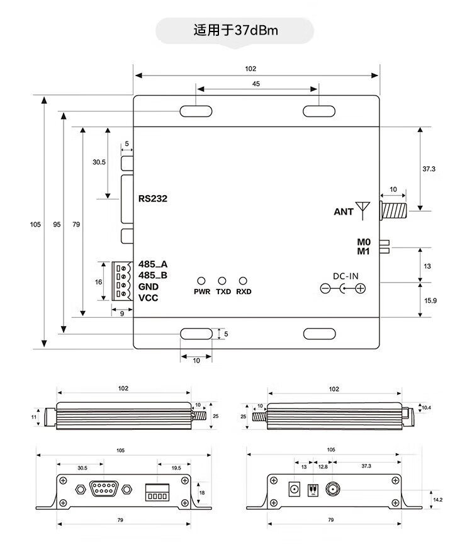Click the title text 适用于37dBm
[x=235, y=30]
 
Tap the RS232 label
[x=152, y=198]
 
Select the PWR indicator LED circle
[x=202, y=281]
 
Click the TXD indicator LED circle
[x=222, y=281]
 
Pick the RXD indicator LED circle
[x=243, y=281]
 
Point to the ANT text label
[x=344, y=212]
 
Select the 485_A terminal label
[x=152, y=264]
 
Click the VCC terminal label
[x=149, y=298]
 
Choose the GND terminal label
[x=149, y=286]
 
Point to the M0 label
[x=364, y=242]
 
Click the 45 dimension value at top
[x=256, y=83]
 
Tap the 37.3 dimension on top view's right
[x=429, y=169]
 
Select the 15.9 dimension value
[x=430, y=300]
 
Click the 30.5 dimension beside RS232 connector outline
[x=99, y=162]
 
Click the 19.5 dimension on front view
[x=176, y=468]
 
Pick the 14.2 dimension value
[x=437, y=499]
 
